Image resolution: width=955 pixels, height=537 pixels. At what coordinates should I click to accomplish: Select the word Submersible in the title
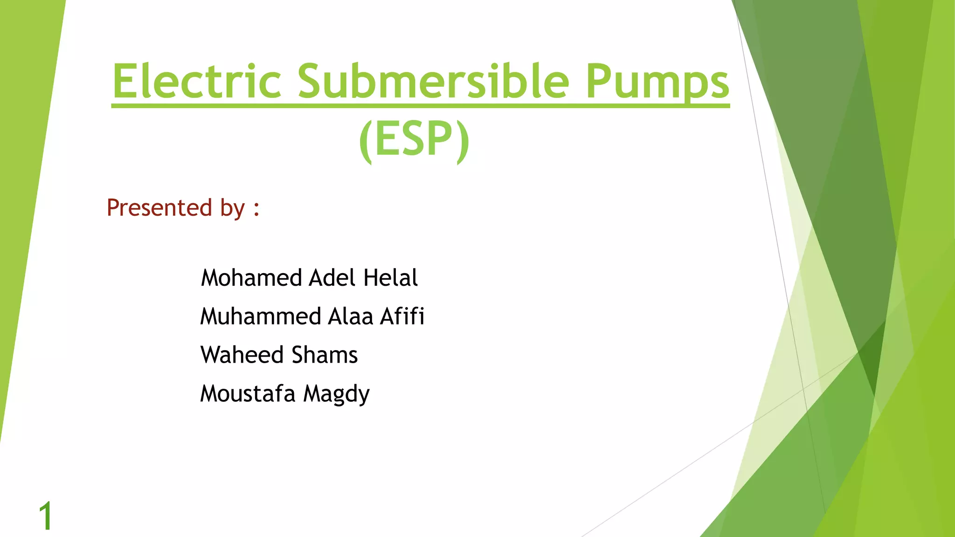[x=434, y=81]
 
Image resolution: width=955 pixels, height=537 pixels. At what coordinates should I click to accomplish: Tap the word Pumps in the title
[x=657, y=82]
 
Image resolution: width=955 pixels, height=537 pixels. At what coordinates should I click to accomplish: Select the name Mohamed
[x=251, y=278]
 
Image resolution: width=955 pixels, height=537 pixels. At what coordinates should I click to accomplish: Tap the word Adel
[x=332, y=278]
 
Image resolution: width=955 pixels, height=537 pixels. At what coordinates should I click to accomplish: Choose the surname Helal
[x=390, y=278]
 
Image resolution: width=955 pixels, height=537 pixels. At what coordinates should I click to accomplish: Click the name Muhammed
[x=260, y=317]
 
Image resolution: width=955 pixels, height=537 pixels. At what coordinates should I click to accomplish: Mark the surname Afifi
[x=402, y=317]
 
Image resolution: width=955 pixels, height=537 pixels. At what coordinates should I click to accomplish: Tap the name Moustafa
[x=248, y=394]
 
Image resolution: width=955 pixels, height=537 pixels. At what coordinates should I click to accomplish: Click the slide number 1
[x=46, y=516]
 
